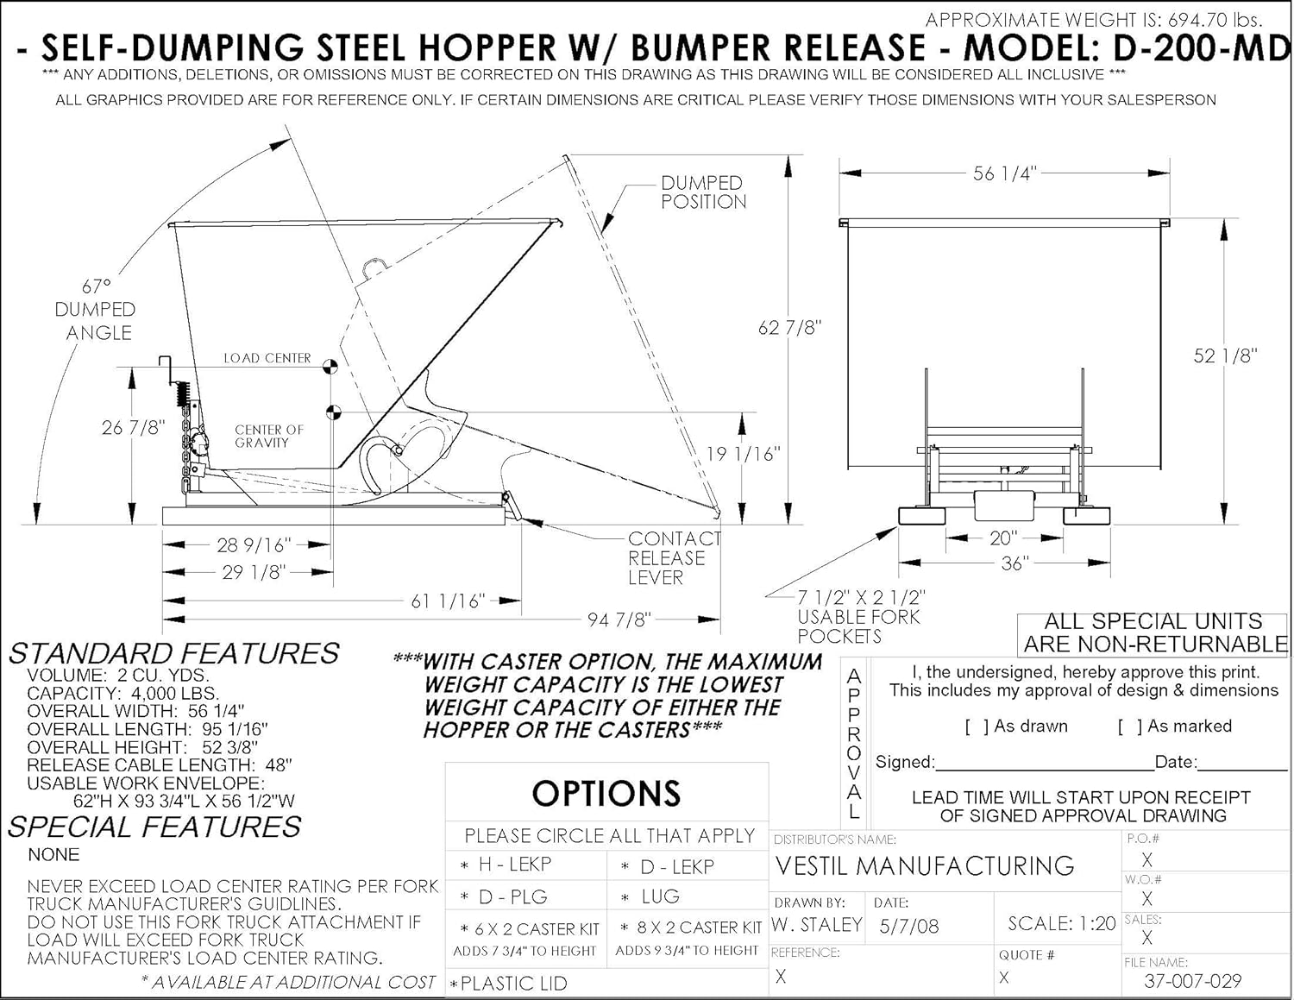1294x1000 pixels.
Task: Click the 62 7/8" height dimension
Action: pyautogui.click(x=789, y=328)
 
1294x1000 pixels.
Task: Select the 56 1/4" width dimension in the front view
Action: pyautogui.click(x=1004, y=173)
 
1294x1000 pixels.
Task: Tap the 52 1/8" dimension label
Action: pyautogui.click(x=1225, y=355)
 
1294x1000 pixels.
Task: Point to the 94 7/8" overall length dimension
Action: pyautogui.click(x=619, y=619)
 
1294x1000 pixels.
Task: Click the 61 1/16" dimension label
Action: pyautogui.click(x=447, y=601)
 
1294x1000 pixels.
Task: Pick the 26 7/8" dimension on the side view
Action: pyautogui.click(x=133, y=427)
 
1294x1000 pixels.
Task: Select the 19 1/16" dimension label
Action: pyautogui.click(x=743, y=454)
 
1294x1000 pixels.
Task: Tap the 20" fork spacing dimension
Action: pyautogui.click(x=1003, y=538)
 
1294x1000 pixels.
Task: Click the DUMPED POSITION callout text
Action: pyautogui.click(x=703, y=192)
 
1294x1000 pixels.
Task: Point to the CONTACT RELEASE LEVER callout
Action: pyautogui.click(x=674, y=557)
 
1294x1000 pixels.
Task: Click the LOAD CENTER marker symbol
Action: pyautogui.click(x=329, y=366)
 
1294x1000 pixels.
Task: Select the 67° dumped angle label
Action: pyautogui.click(x=96, y=308)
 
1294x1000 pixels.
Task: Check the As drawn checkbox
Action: pyautogui.click(x=977, y=726)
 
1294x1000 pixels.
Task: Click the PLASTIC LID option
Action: pyautogui.click(x=513, y=983)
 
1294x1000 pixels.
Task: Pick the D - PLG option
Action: pyautogui.click(x=512, y=897)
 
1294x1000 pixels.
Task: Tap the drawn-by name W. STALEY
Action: pyautogui.click(x=817, y=925)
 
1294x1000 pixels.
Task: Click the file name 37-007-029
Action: pyautogui.click(x=1192, y=980)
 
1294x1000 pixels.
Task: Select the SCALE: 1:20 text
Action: pyautogui.click(x=1061, y=923)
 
